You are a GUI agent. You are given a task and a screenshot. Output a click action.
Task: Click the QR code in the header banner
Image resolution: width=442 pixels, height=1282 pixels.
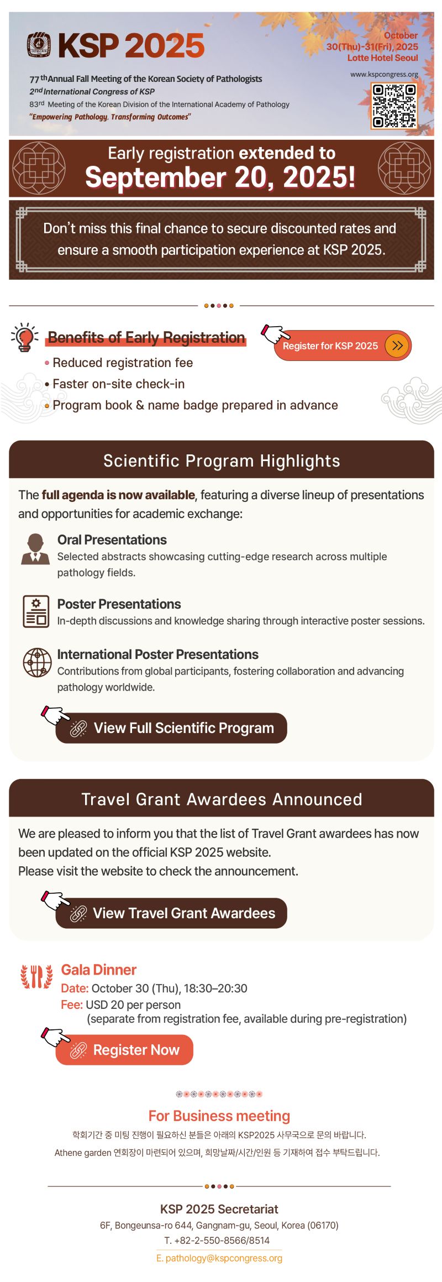pyautogui.click(x=394, y=106)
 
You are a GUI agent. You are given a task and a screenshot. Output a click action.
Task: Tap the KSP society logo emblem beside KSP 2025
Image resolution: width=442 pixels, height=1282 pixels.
pyautogui.click(x=39, y=45)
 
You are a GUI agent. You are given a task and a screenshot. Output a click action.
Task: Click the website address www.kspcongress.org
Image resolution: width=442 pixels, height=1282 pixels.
pyautogui.click(x=384, y=74)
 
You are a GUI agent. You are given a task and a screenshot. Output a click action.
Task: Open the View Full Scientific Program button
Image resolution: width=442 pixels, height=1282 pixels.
pyautogui.click(x=171, y=728)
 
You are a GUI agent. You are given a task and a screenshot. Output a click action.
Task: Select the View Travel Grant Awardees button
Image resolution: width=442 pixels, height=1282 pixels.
pyautogui.click(x=171, y=913)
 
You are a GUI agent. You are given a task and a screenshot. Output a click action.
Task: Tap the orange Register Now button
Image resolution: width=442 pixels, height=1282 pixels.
pyautogui.click(x=124, y=1050)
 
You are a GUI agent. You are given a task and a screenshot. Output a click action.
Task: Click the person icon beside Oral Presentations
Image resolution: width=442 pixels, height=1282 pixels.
pyautogui.click(x=35, y=549)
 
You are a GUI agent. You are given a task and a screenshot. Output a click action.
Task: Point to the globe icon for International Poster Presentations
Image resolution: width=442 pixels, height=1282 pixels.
pyautogui.click(x=37, y=662)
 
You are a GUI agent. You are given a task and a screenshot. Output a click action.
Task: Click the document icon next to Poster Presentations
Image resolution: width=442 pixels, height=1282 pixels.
pyautogui.click(x=36, y=611)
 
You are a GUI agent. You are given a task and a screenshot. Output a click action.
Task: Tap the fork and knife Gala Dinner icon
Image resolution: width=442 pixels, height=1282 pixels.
pyautogui.click(x=36, y=977)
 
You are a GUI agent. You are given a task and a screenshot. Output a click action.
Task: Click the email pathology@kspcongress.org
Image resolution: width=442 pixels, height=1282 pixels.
pyautogui.click(x=219, y=1258)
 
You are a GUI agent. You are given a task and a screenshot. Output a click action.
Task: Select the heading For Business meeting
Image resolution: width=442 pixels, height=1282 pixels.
pyautogui.click(x=219, y=1116)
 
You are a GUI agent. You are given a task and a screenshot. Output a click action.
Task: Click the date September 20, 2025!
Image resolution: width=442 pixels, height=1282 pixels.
pyautogui.click(x=220, y=177)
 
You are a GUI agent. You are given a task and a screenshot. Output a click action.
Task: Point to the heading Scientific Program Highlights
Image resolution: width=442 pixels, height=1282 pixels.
pyautogui.click(x=222, y=461)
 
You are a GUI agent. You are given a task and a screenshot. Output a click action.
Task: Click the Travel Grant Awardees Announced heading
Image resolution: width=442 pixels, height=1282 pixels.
pyautogui.click(x=222, y=799)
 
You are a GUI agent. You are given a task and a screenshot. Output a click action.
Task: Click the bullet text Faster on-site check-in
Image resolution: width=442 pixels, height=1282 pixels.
pyautogui.click(x=119, y=384)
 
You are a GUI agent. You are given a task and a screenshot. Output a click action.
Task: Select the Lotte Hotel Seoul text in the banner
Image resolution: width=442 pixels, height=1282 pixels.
pyautogui.click(x=383, y=58)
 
